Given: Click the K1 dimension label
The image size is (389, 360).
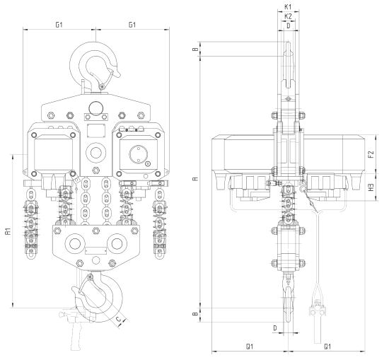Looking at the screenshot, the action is tap(288, 7).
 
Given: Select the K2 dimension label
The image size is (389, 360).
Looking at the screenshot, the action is tap(288, 17).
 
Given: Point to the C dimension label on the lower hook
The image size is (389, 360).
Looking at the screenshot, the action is tap(119, 318).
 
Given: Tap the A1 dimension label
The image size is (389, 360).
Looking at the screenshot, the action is tap(8, 231).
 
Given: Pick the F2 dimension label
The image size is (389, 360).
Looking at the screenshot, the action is tap(371, 154).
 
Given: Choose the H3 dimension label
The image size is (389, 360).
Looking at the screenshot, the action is tap(371, 187).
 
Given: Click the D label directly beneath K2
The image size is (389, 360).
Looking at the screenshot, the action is tap(289, 25).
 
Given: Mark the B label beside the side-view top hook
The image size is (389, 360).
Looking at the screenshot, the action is tap(196, 49).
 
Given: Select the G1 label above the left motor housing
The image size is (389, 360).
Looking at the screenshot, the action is tap(59, 25).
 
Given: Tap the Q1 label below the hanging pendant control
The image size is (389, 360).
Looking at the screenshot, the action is tap(327, 347).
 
